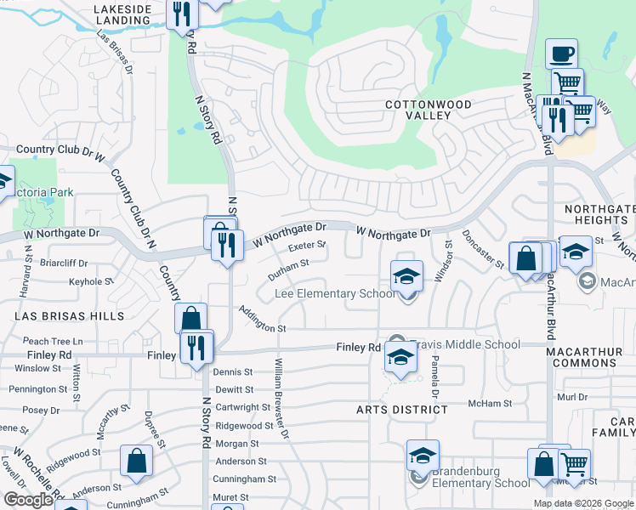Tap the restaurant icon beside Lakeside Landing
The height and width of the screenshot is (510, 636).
183,14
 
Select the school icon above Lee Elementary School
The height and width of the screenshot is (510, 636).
407,276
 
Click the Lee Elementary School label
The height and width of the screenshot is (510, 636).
335,294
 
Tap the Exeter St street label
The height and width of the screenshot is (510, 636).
308,246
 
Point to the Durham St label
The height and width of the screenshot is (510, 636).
287,269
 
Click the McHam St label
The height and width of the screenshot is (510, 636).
493,404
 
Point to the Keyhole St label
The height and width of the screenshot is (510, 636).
90,281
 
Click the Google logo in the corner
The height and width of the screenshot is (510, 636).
28,499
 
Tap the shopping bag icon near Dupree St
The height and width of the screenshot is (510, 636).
136,462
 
